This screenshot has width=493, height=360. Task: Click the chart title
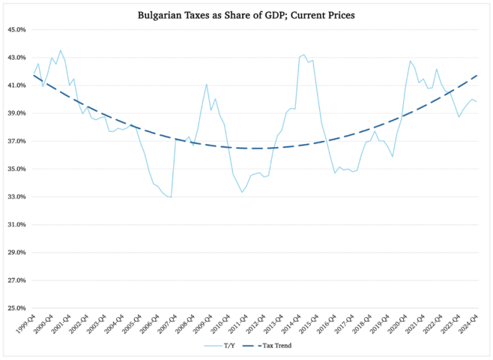(x=246, y=15)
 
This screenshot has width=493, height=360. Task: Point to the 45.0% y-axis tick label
(x=15, y=30)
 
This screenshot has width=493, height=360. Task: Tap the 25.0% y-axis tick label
(x=15, y=308)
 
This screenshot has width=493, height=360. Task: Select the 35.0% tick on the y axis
(x=15, y=169)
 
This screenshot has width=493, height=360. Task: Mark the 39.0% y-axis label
(x=15, y=114)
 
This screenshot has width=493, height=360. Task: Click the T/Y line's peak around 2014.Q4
(x=303, y=55)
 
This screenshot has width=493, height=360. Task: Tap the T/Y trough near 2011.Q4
(x=242, y=192)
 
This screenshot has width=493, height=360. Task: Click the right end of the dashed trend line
(x=477, y=76)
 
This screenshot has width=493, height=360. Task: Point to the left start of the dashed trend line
(x=33, y=75)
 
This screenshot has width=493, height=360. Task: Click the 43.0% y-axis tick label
(x=15, y=57)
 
